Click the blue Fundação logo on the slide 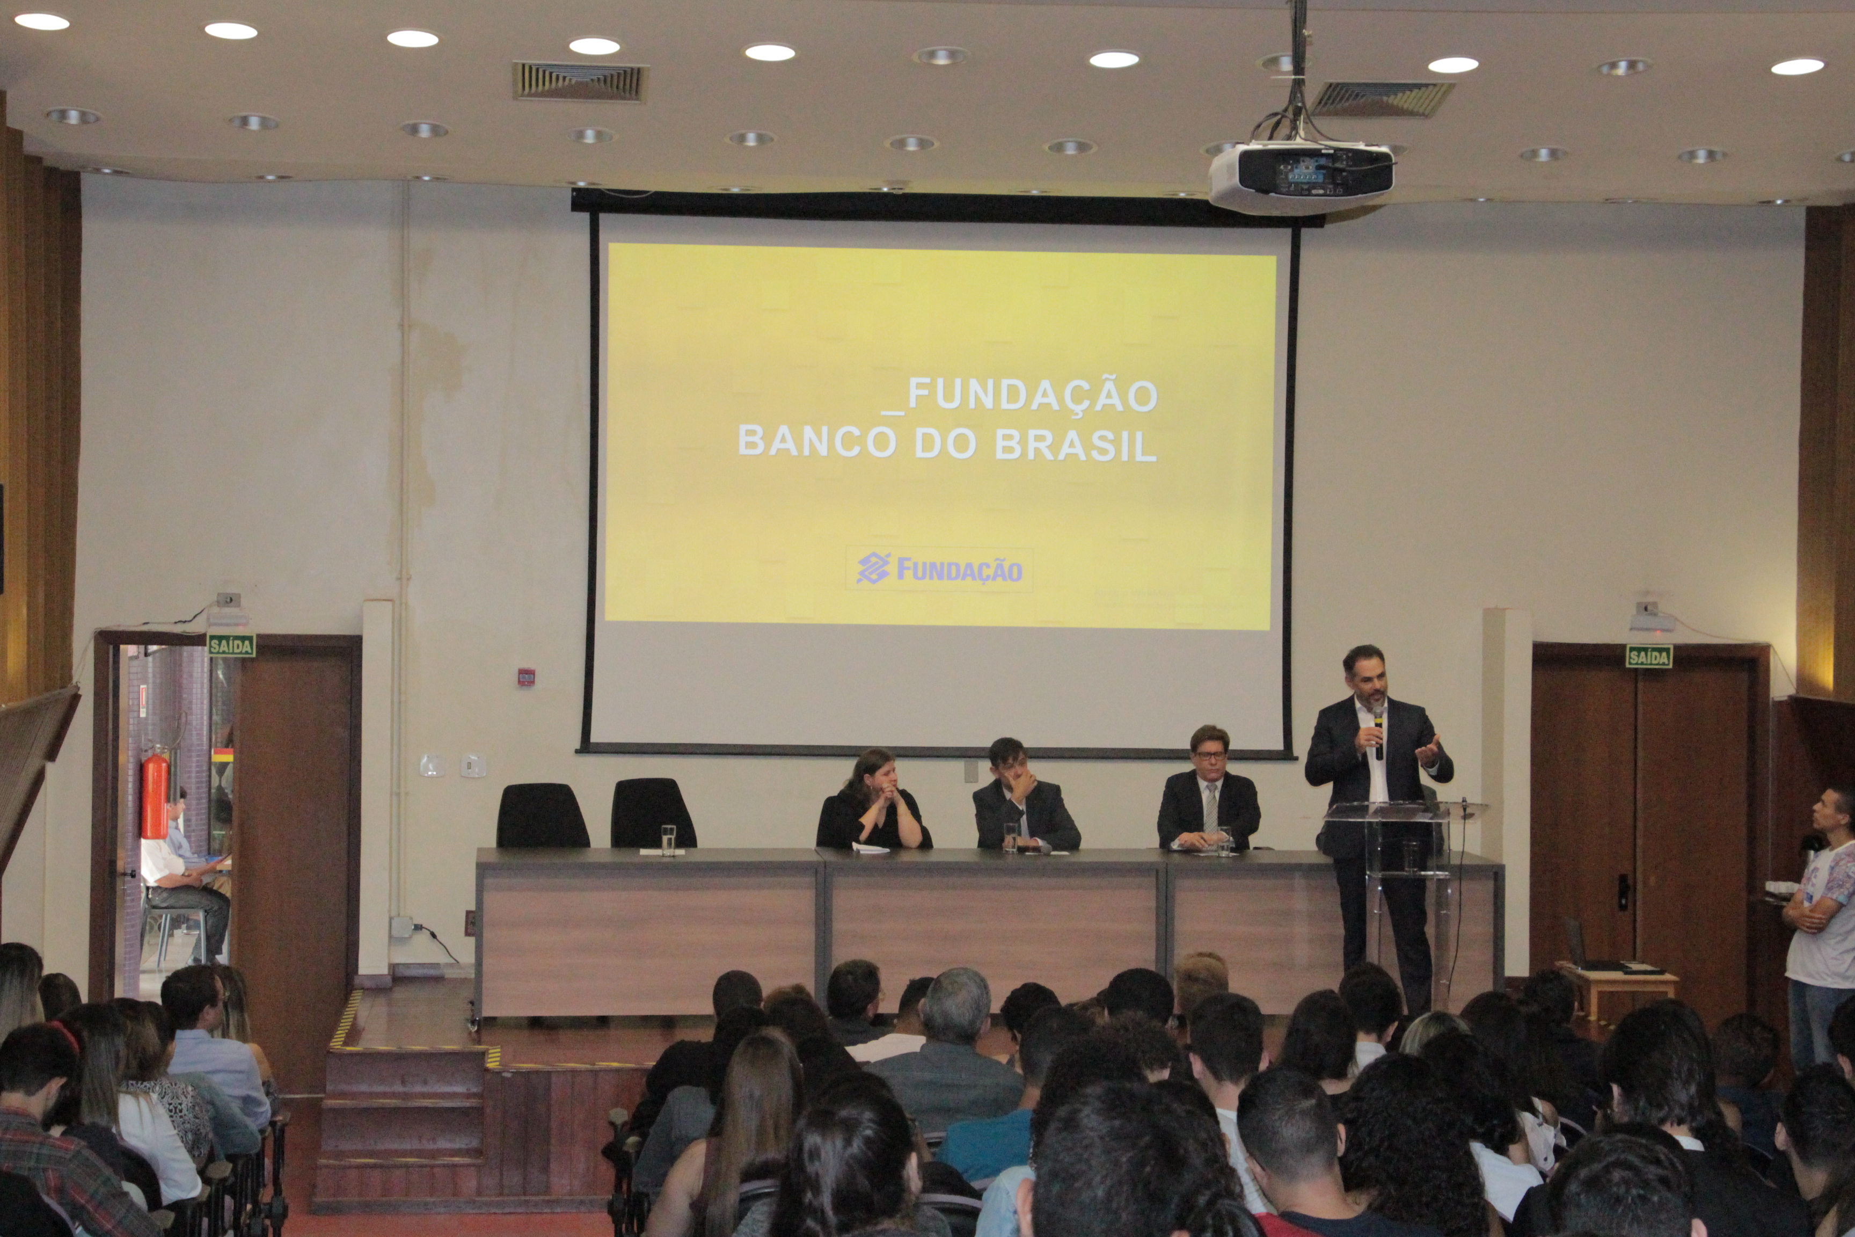pyautogui.click(x=939, y=569)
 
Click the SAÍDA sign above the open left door pyautogui.click(x=231, y=645)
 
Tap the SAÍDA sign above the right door pyautogui.click(x=1648, y=657)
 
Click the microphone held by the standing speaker pyautogui.click(x=1378, y=734)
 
